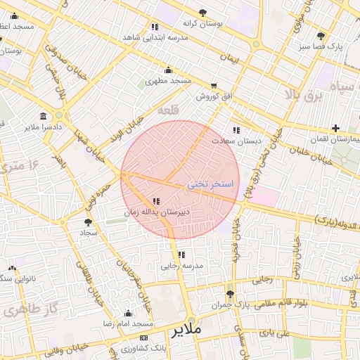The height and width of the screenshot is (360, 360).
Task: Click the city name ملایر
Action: click(186, 329)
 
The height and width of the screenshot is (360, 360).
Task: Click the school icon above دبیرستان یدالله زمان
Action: click(155, 201)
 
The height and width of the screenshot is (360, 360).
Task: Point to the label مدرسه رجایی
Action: click(182, 266)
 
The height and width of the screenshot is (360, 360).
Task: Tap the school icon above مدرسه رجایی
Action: click(181, 255)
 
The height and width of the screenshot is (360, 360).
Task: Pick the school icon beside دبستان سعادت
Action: click(236, 130)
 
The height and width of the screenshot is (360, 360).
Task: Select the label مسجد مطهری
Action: click(169, 81)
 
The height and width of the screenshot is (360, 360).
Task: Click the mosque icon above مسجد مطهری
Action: click(168, 70)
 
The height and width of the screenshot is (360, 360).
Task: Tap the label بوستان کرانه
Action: click(203, 23)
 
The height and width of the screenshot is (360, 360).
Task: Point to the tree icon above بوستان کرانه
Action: click(203, 13)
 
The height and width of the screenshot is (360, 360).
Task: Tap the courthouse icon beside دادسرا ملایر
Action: click(44, 116)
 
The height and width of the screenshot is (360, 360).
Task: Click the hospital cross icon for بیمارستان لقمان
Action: click(335, 129)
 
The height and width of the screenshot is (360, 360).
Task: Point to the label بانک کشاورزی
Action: click(143, 348)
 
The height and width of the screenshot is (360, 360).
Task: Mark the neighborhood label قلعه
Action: click(169, 110)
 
